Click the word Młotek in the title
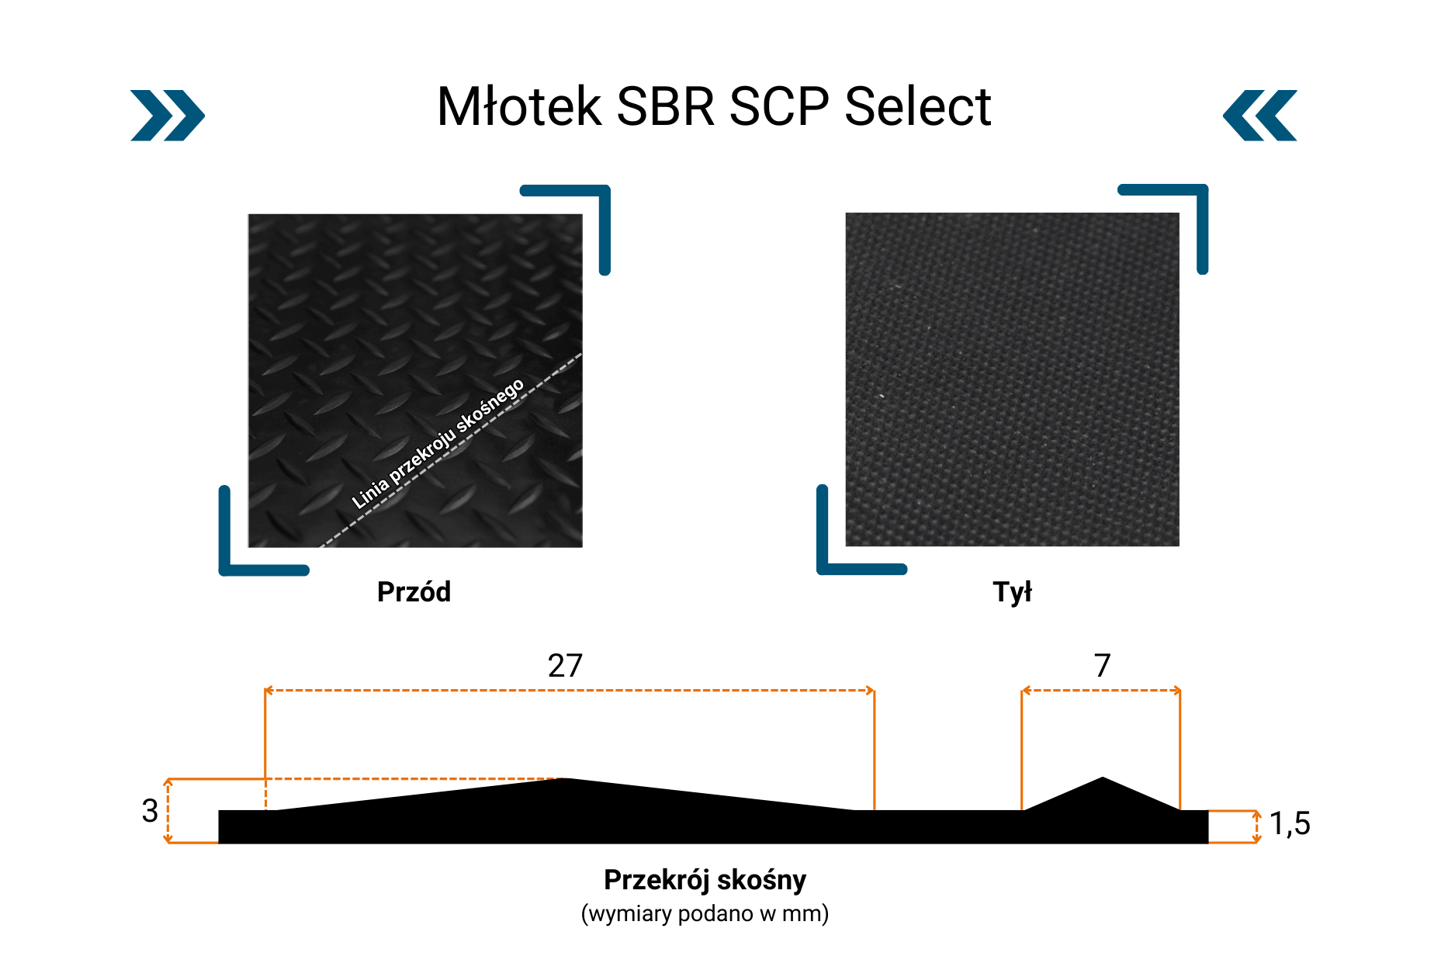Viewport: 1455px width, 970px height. point(520,106)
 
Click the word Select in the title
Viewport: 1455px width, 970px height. point(917,106)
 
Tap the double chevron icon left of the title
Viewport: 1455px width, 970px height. point(168,116)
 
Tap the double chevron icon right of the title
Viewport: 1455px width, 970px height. point(1260,116)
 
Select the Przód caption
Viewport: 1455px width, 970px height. point(414,591)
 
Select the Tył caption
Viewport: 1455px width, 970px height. point(1013,592)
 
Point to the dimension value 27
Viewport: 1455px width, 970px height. point(565,666)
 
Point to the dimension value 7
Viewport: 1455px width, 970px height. point(1102,666)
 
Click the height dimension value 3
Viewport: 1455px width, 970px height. point(150,811)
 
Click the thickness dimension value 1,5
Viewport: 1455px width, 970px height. point(1290,824)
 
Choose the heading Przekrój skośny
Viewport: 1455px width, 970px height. point(705,880)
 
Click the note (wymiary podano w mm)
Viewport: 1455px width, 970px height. point(705,913)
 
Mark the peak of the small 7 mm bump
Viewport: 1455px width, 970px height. point(1103,777)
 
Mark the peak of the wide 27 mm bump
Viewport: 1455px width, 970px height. point(565,778)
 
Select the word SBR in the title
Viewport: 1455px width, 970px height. point(665,106)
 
